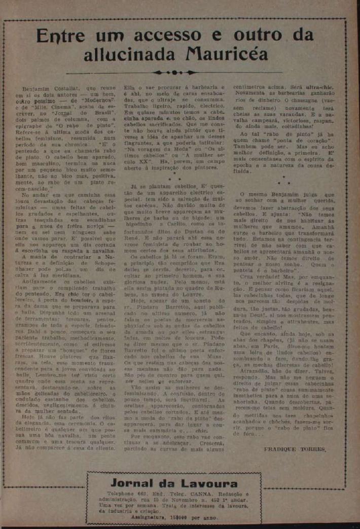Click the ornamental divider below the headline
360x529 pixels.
pos(180,73)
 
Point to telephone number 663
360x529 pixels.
pos(147,493)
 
